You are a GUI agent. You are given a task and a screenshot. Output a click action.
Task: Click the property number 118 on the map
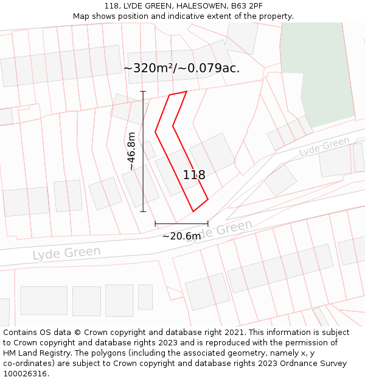194,175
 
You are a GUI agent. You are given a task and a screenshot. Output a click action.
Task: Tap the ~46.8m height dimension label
131,151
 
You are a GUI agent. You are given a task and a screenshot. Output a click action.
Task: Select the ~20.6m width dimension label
181,236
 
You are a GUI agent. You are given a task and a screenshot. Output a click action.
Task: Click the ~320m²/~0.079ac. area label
181,68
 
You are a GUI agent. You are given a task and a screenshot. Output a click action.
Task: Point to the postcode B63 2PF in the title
246,6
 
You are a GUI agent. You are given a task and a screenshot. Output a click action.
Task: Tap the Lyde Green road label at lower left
66,252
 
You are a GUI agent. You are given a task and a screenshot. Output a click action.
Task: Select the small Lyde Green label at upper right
325,147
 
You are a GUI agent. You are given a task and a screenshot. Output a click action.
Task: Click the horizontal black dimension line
181,223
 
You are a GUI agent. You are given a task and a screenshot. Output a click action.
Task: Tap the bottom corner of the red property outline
193,211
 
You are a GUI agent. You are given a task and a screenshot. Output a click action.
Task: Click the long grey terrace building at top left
61,66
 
